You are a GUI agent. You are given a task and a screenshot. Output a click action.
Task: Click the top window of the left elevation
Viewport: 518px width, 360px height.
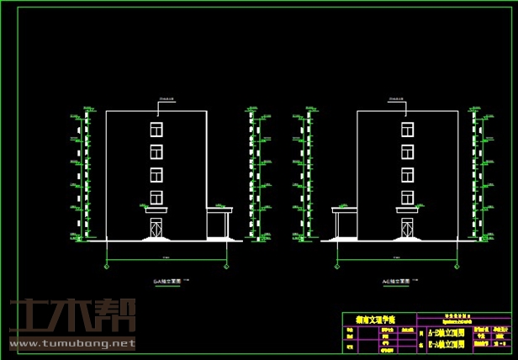click(156, 129)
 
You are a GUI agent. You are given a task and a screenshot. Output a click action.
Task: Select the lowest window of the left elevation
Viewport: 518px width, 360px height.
click(156, 197)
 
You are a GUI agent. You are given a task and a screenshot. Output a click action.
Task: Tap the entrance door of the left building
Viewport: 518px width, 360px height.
click(156, 228)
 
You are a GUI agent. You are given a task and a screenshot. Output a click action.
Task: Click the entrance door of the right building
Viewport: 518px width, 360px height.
click(408, 228)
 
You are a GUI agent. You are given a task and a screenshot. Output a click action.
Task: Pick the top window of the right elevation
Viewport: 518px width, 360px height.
click(408, 129)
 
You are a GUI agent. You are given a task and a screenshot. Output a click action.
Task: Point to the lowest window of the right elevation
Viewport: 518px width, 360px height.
click(408, 197)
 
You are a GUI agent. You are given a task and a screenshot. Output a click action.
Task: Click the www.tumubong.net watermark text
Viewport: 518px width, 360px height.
click(71, 343)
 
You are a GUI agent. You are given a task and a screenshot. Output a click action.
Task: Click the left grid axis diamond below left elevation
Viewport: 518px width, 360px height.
click(106, 266)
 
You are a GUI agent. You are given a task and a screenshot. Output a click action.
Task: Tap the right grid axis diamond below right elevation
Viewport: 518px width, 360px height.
click(458, 266)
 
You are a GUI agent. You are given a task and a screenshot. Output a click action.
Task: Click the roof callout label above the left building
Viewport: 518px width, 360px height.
click(166, 101)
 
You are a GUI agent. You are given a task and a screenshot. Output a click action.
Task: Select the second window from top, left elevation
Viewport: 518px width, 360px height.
click(156, 151)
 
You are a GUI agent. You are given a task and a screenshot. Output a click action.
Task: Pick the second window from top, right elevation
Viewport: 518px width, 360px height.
click(408, 151)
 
